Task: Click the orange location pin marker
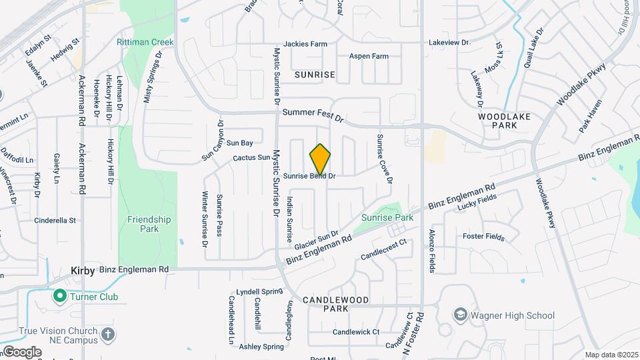tap(320, 159)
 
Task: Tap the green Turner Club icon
tap(59, 295)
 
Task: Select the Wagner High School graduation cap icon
tap(460, 315)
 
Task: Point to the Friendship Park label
tap(149, 224)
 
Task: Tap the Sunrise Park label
tap(387, 217)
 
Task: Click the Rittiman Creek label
tap(145, 42)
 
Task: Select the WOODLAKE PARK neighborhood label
tap(504, 121)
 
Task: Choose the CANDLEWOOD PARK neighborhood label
tap(335, 305)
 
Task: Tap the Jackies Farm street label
tap(305, 44)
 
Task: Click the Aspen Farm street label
tap(369, 57)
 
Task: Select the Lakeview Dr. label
tap(449, 41)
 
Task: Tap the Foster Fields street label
tap(483, 237)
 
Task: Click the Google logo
tap(22, 351)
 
